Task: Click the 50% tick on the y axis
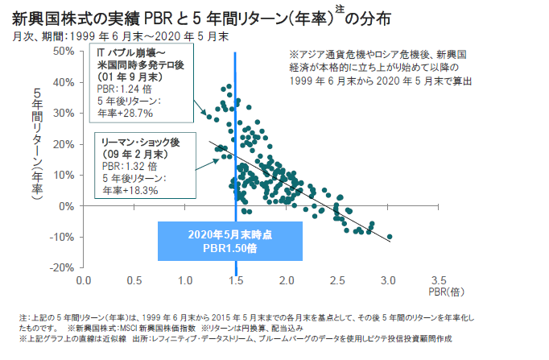[63, 51]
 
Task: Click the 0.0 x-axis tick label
[83, 281]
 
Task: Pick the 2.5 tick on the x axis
[336, 281]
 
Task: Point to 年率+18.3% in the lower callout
[130, 191]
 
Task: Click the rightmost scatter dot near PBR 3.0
[390, 237]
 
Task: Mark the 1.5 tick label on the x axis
[235, 281]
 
